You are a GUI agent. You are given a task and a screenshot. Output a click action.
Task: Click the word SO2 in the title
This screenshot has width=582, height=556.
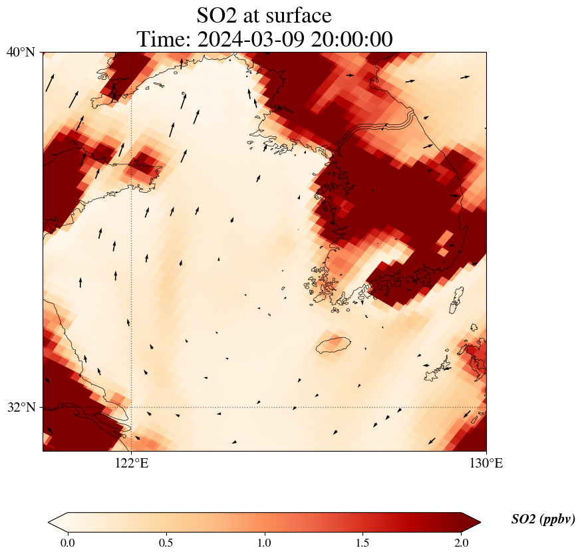pos(218,15)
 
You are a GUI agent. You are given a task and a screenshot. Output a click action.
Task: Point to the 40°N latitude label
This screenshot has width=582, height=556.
pos(21,52)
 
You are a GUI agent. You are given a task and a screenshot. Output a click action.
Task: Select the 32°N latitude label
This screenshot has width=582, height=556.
pos(21,407)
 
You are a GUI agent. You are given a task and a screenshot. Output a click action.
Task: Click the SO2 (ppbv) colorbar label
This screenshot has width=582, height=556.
pos(543,519)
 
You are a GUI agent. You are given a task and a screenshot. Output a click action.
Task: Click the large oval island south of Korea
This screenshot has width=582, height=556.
pos(333,345)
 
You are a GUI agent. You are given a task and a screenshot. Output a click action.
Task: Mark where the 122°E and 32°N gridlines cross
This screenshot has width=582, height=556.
pos(131,407)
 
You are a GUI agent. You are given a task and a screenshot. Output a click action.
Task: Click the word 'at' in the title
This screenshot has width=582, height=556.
pos(252,15)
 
